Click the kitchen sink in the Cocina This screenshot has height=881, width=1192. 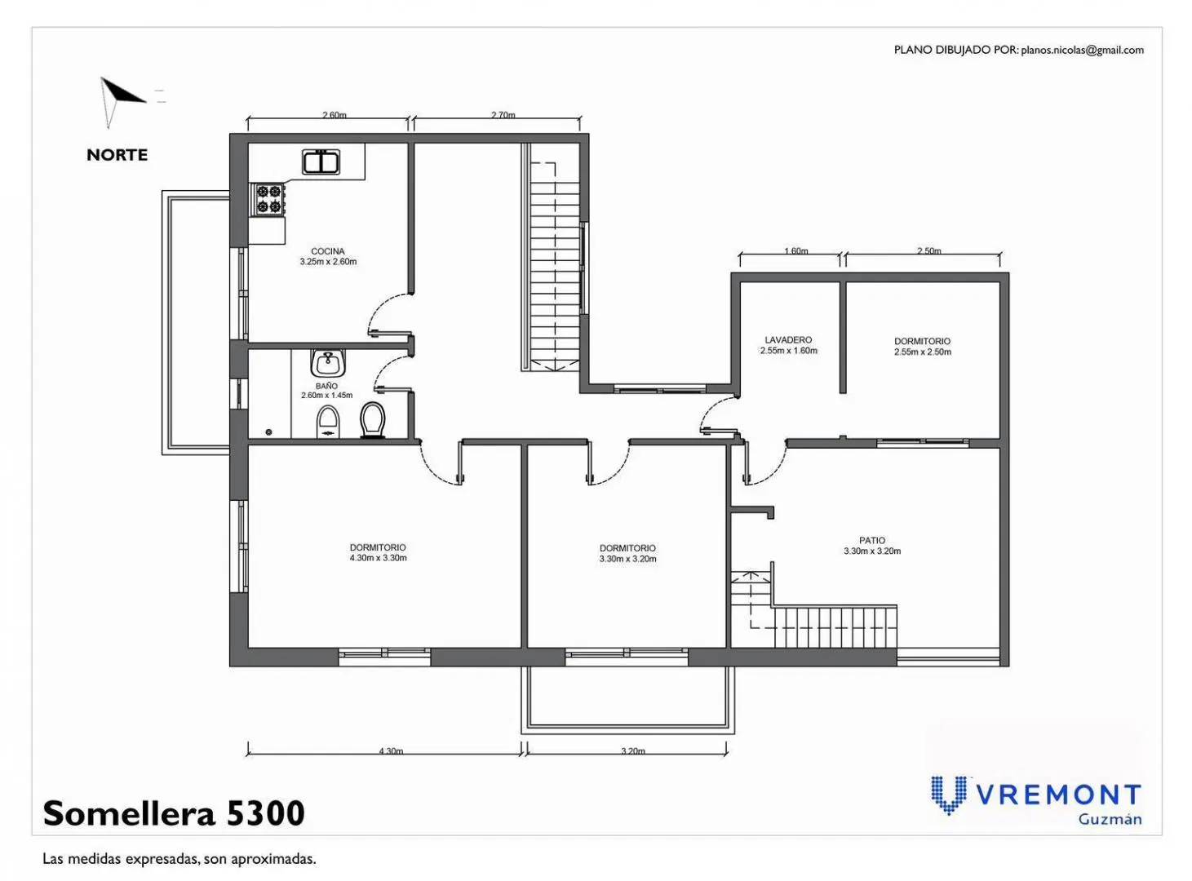click(321, 162)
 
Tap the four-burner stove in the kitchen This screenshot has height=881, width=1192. click(268, 199)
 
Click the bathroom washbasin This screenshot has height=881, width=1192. click(326, 363)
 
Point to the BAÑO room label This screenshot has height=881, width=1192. click(326, 386)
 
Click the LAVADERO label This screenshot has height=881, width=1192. click(788, 340)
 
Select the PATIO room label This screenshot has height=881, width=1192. click(871, 540)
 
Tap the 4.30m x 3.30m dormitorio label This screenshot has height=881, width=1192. click(378, 552)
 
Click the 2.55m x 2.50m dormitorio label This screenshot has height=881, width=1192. click(922, 347)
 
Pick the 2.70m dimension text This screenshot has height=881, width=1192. click(503, 114)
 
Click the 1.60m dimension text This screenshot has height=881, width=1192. click(796, 250)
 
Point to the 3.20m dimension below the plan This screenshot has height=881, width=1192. click(632, 751)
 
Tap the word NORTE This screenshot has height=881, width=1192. click(117, 155)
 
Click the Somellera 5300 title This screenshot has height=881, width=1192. click(174, 812)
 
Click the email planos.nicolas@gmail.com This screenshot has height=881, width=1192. click(1082, 50)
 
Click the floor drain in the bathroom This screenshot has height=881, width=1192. click(268, 432)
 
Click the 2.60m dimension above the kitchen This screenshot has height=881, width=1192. click(334, 114)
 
